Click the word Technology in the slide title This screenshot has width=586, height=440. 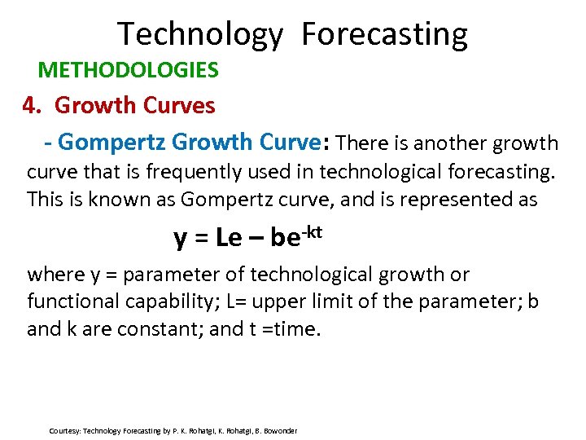click(x=200, y=34)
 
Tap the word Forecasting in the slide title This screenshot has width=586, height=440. click(x=384, y=34)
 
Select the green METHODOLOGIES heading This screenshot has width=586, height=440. click(x=128, y=70)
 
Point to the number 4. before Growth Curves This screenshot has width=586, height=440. click(x=31, y=106)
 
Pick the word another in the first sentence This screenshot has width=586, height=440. click(x=450, y=144)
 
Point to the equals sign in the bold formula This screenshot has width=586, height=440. click(x=202, y=238)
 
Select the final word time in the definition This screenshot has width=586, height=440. click(x=303, y=329)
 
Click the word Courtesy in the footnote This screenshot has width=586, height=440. click(x=64, y=430)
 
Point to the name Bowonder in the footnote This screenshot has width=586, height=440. click(x=278, y=430)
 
